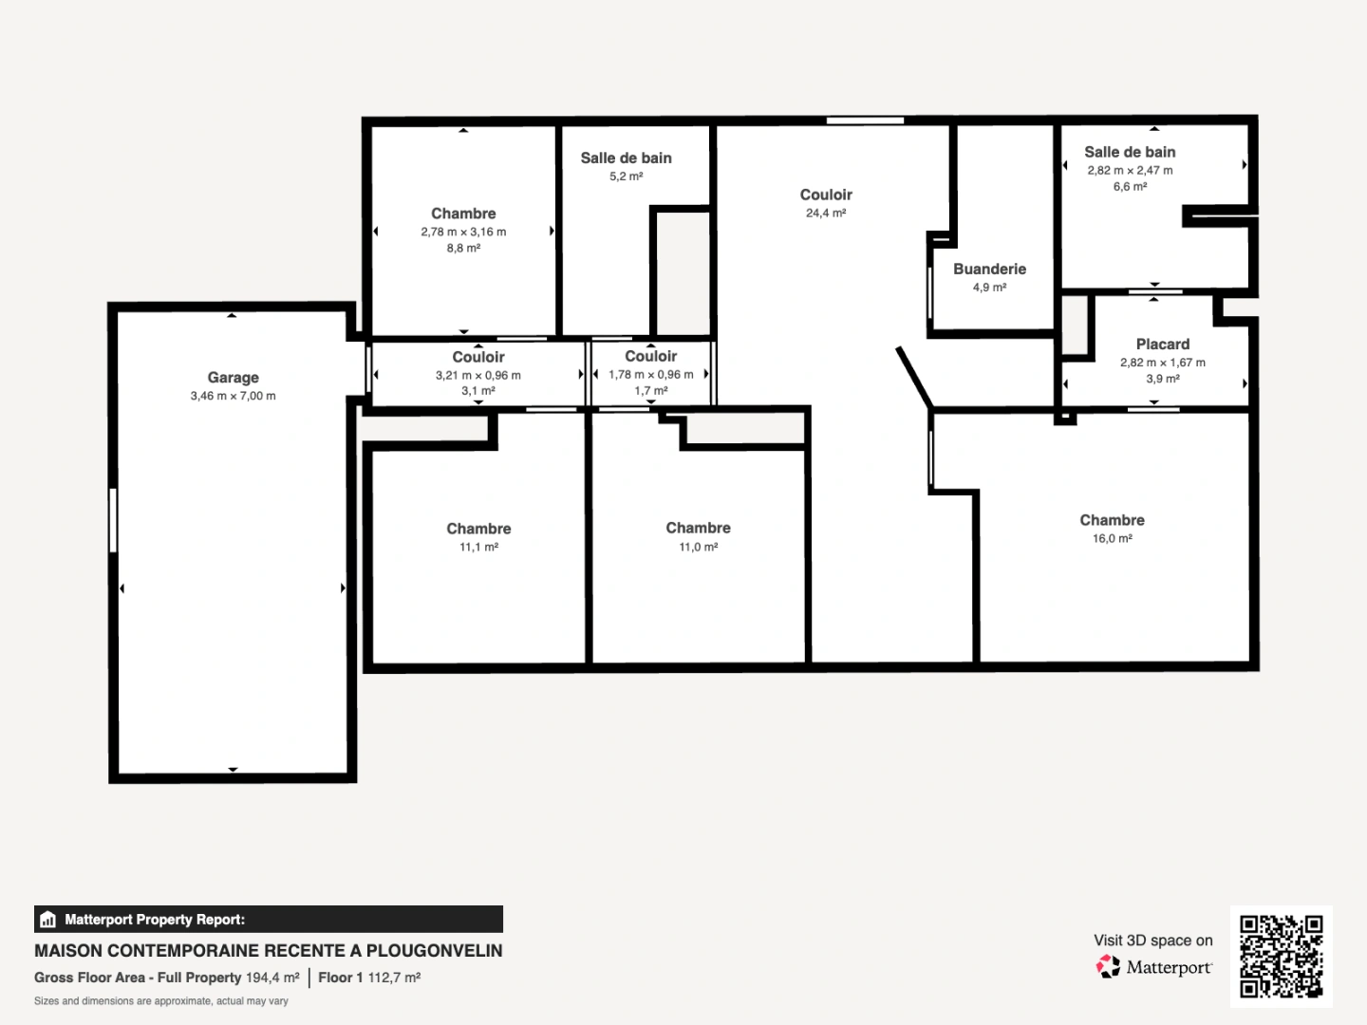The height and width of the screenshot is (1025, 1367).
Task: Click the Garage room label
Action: tap(233, 378)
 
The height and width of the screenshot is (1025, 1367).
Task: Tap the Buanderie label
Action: tap(989, 270)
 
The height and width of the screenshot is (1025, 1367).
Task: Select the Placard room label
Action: tap(1162, 345)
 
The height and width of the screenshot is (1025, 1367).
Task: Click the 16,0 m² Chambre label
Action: tap(1112, 521)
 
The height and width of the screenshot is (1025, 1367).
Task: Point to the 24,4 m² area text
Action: tap(825, 214)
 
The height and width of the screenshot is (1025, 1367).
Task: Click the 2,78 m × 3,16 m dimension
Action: tap(463, 232)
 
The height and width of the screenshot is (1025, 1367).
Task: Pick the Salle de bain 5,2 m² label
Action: tap(626, 158)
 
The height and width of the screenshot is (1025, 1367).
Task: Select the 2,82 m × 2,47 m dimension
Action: tap(1130, 171)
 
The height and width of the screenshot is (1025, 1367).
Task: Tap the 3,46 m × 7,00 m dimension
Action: tap(233, 397)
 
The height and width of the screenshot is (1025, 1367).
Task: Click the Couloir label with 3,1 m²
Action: tap(478, 358)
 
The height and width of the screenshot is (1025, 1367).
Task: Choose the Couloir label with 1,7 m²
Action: tap(650, 357)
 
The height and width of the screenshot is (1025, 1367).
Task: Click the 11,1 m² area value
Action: tap(478, 548)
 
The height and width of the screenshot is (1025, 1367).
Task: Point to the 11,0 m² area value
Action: tap(698, 548)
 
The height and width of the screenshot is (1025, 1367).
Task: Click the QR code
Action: tap(1281, 956)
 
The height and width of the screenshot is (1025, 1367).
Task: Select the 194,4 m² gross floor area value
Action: tap(272, 978)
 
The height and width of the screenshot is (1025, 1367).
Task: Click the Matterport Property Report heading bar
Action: tap(268, 920)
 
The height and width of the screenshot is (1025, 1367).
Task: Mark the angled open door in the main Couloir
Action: tap(915, 377)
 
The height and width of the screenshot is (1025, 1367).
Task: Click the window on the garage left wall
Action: tap(113, 520)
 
